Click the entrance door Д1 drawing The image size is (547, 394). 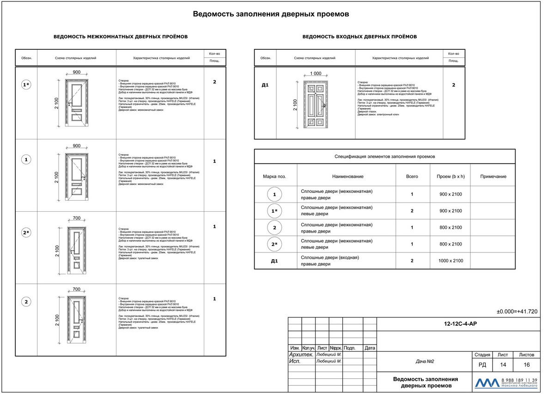pyautogui.click(x=314, y=105)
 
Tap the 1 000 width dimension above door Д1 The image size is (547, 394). pyautogui.click(x=316, y=74)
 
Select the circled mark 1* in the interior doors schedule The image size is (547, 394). pyautogui.click(x=26, y=84)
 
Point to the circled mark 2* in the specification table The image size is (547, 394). pyautogui.click(x=274, y=245)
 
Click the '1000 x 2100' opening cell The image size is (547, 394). pyautogui.click(x=450, y=261)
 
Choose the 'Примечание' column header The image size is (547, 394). pyautogui.click(x=493, y=177)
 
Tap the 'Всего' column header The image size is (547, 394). pyautogui.click(x=412, y=177)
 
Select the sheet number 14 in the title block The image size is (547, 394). pyautogui.click(x=503, y=365)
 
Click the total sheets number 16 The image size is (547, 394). pyautogui.click(x=527, y=365)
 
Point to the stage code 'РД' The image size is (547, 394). pyautogui.click(x=481, y=365)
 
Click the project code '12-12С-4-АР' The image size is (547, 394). pyautogui.click(x=458, y=324)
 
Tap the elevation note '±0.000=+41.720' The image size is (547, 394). pyautogui.click(x=517, y=312)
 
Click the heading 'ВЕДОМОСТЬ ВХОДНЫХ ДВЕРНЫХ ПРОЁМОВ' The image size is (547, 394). pyautogui.click(x=359, y=36)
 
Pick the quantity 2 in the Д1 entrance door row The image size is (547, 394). pyautogui.click(x=454, y=85)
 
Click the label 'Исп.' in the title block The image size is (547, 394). pyautogui.click(x=294, y=362)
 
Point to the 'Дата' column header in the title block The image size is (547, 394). pyautogui.click(x=370, y=348)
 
